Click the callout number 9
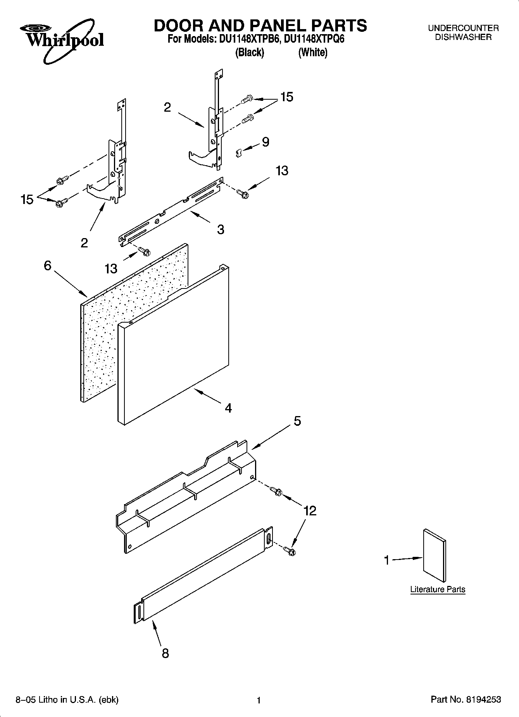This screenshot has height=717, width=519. tap(266, 142)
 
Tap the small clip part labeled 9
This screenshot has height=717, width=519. tap(239, 153)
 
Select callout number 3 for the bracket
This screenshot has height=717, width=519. tap(220, 230)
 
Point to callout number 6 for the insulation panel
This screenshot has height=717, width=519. tap(47, 266)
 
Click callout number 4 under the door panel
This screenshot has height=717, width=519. tap(228, 408)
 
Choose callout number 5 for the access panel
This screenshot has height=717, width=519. tap(297, 421)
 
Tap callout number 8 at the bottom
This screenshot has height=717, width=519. tap(165, 653)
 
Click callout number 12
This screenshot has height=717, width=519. tap(310, 511)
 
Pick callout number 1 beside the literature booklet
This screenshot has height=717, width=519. tap(386, 560)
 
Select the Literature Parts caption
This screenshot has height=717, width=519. tap(438, 590)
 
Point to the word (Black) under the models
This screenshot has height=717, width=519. tap(250, 52)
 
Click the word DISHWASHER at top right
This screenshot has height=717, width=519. tap(463, 37)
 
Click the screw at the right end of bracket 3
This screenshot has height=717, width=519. tap(243, 192)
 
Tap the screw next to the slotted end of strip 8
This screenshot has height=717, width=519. tap(289, 550)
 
